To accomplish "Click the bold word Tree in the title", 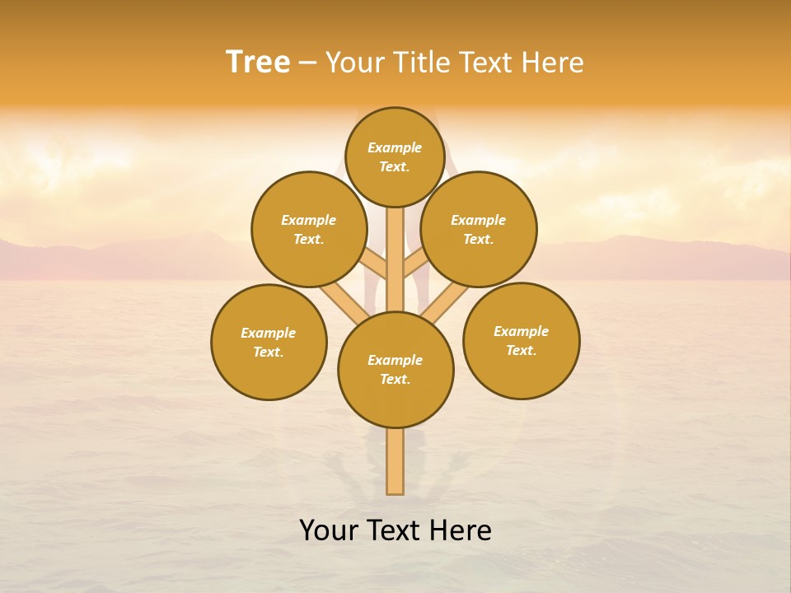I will [258, 63].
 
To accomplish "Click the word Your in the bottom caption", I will [329, 530].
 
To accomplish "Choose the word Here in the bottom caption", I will [461, 530].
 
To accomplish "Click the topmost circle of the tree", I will [395, 156].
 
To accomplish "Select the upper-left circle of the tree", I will [308, 229].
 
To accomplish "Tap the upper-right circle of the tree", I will [479, 229].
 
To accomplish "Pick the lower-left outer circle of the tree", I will [269, 342].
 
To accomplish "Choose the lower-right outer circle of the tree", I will [521, 340].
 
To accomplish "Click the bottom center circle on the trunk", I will [395, 369].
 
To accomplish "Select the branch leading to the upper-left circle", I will [374, 265].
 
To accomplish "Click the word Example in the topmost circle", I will [395, 147].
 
